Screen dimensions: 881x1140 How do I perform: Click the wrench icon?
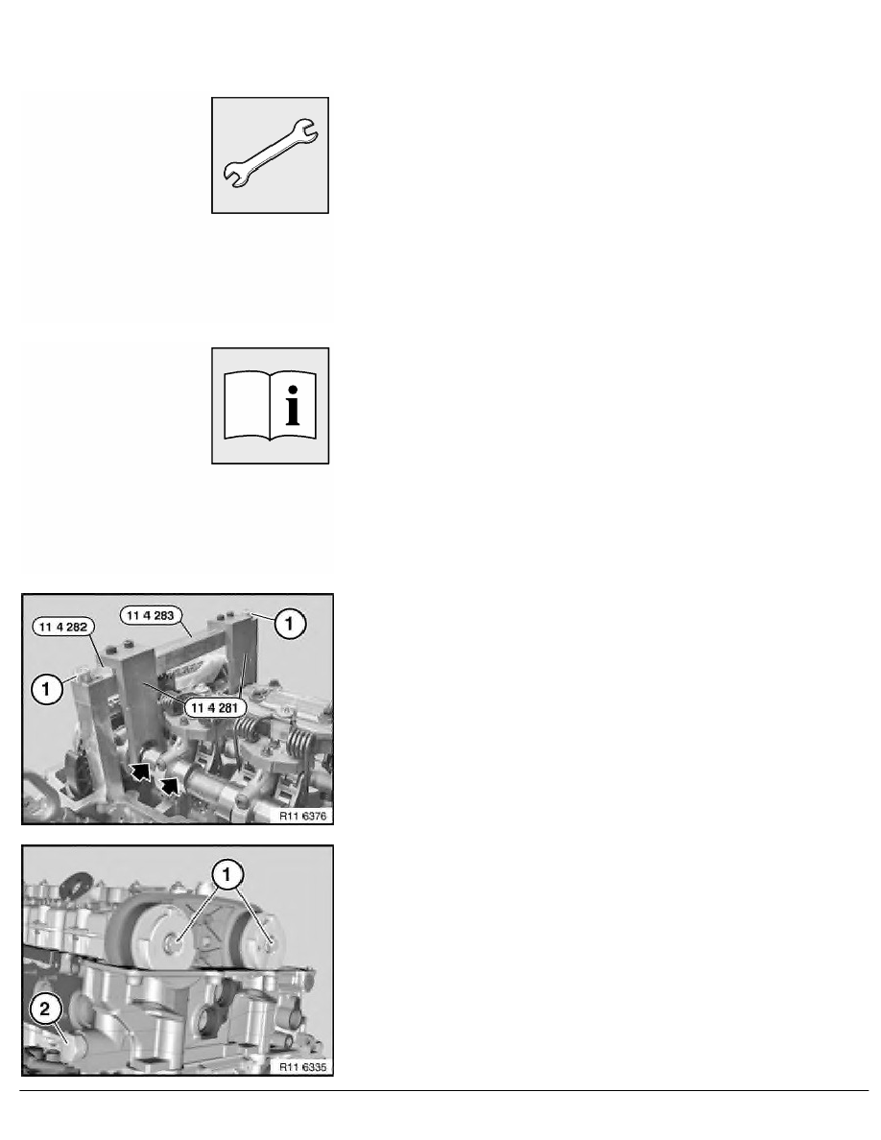[270, 154]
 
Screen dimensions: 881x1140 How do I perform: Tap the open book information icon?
[270, 406]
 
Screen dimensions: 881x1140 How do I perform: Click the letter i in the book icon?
[292, 406]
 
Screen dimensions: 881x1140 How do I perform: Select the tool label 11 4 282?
[64, 627]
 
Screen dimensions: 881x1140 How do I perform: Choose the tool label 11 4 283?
[151, 616]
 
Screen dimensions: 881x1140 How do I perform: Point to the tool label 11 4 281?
[214, 707]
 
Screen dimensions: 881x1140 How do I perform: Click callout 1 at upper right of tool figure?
[289, 624]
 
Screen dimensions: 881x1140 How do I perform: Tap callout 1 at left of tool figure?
[46, 688]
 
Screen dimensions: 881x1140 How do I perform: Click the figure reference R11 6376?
[303, 816]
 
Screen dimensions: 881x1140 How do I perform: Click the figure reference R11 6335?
[303, 1067]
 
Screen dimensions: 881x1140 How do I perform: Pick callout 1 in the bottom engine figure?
[226, 874]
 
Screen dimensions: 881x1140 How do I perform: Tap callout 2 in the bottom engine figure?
[45, 1009]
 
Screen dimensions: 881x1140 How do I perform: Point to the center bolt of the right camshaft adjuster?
[272, 943]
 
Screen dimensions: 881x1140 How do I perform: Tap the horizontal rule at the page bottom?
[444, 1090]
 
